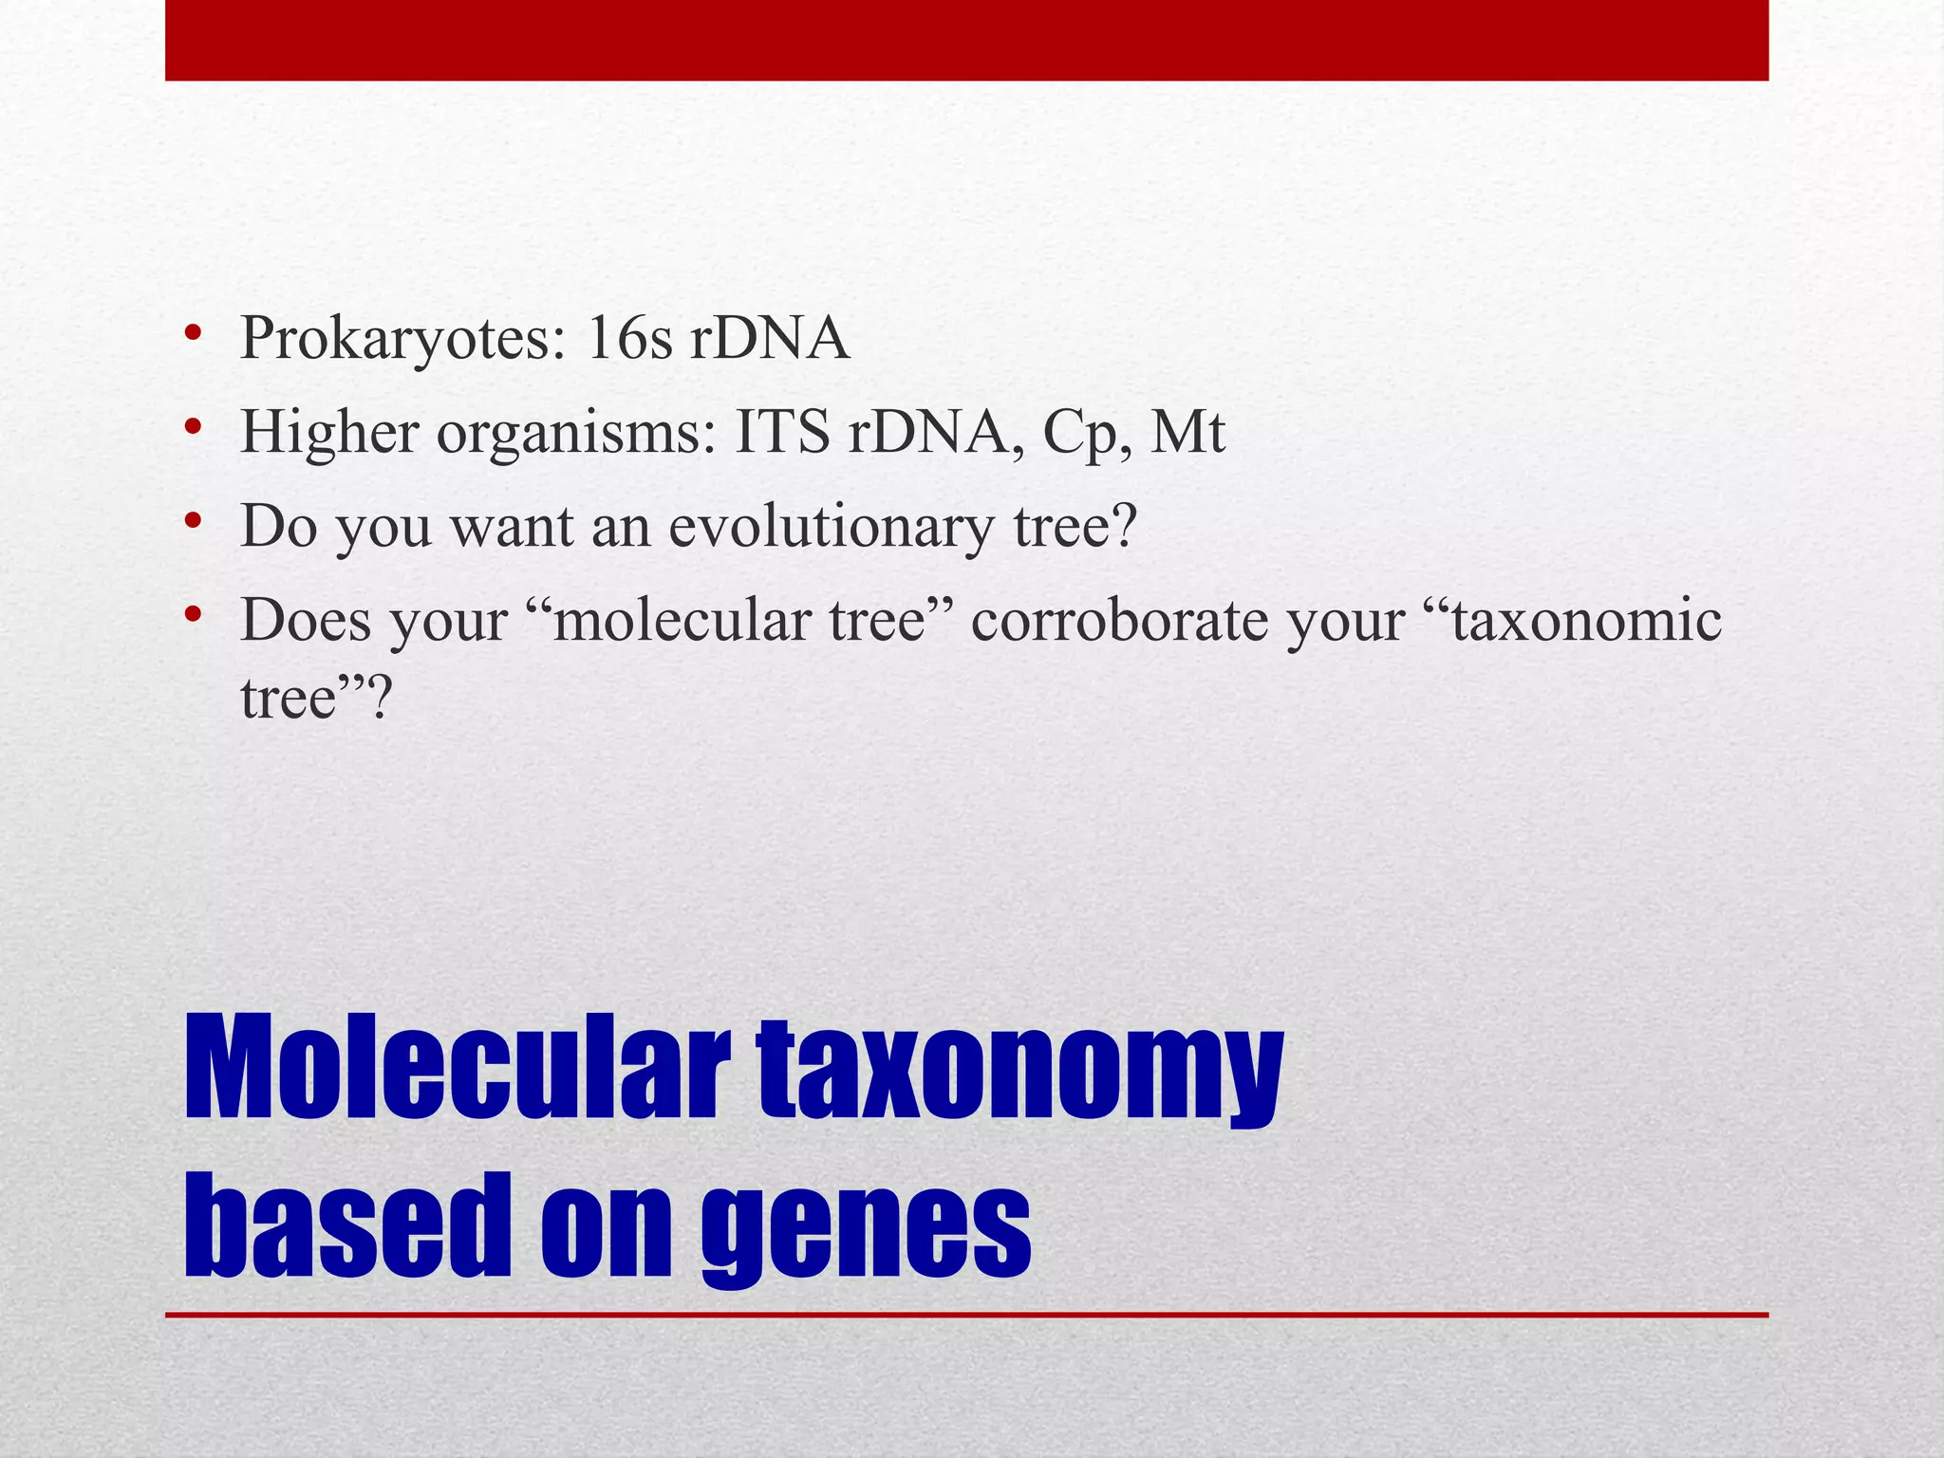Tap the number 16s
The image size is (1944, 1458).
(x=629, y=338)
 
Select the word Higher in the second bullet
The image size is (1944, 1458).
(x=329, y=432)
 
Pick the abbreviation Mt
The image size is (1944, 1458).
(x=1187, y=432)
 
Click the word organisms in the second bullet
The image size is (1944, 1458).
(x=575, y=434)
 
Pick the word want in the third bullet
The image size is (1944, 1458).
(x=512, y=527)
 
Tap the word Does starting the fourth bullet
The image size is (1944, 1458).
(x=306, y=621)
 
